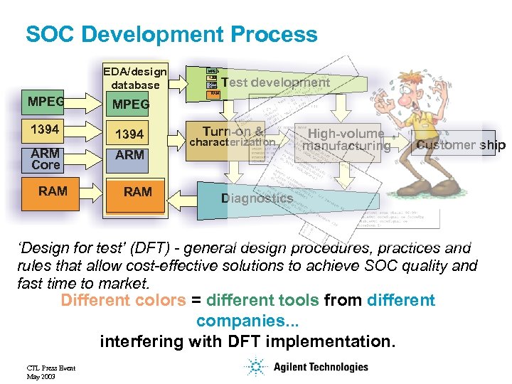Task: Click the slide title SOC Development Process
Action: click(x=171, y=34)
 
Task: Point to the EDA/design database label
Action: click(x=135, y=78)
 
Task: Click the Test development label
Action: click(x=275, y=82)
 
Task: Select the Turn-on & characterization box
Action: click(x=233, y=137)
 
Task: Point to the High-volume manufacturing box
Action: click(x=346, y=140)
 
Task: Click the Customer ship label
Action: click(x=460, y=146)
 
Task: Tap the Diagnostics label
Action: click(x=257, y=198)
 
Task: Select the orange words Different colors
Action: click(x=122, y=300)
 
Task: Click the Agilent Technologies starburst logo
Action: click(x=255, y=367)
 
